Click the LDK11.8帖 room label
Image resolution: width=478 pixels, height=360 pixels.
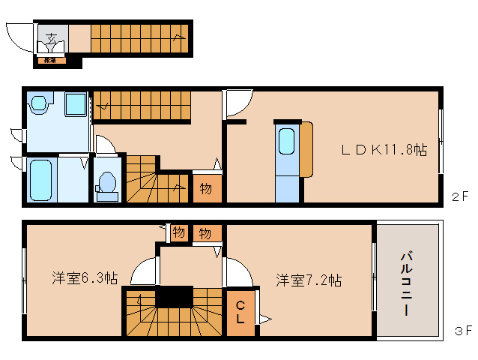[384, 150]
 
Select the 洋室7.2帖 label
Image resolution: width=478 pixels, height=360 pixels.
[308, 280]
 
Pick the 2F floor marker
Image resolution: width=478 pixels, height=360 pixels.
[460, 197]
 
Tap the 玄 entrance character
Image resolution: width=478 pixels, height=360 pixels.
[51, 37]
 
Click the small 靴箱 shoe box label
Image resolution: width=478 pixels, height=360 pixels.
[49, 59]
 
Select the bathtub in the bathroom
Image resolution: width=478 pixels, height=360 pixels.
[42, 180]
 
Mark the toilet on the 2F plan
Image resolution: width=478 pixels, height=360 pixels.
[108, 184]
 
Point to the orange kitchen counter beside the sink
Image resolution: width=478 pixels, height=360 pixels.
[306, 149]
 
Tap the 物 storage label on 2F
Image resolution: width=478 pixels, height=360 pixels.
[205, 188]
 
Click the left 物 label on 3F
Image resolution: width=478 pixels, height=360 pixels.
[178, 232]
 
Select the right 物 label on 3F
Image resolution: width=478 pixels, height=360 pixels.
[205, 233]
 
